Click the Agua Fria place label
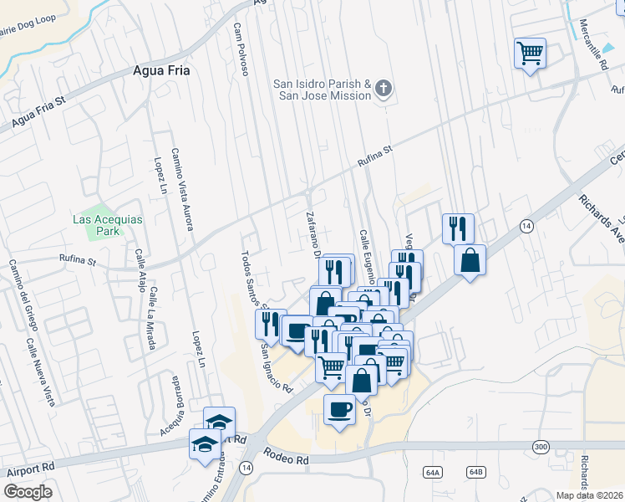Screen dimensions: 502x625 point(161,71)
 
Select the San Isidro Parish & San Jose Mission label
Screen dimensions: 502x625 point(323,90)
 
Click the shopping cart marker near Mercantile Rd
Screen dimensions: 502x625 point(530,54)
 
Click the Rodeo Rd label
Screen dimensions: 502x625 point(286,455)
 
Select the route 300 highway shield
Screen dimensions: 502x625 point(541,448)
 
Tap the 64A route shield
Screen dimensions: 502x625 point(432,473)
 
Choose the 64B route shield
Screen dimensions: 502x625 point(476,472)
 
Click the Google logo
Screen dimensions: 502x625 point(28,491)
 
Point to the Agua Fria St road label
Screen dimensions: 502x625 point(38,113)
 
